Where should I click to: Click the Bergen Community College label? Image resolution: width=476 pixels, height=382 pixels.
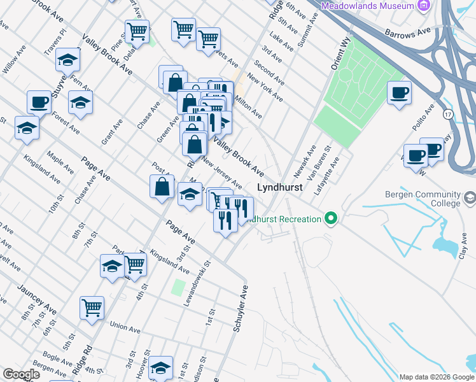click(x=423, y=199)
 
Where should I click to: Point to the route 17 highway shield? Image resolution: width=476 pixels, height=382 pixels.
click(x=448, y=114)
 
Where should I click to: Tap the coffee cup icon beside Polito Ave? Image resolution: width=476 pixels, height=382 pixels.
click(x=399, y=94)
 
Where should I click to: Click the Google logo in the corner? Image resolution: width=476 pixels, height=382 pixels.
click(x=21, y=374)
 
